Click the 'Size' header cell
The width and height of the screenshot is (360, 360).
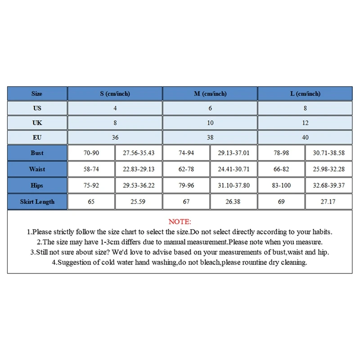(x=37, y=94)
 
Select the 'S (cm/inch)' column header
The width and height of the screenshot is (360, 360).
(x=115, y=94)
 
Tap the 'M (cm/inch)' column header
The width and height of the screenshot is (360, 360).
(x=210, y=94)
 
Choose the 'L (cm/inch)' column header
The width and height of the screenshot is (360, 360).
(x=305, y=94)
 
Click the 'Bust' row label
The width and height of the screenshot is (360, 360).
(x=37, y=153)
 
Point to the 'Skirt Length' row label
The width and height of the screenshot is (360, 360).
(x=37, y=202)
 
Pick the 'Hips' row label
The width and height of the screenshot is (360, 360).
(x=37, y=185)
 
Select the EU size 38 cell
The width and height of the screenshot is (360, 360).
(x=210, y=137)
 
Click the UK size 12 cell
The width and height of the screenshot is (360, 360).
(x=305, y=122)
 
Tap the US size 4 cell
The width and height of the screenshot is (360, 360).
(x=115, y=108)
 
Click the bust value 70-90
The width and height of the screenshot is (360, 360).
(x=91, y=153)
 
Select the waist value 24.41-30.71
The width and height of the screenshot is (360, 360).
(x=233, y=169)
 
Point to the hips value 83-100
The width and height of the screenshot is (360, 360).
(x=282, y=185)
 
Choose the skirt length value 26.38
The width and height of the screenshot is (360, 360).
(x=233, y=202)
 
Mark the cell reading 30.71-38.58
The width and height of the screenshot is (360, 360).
(x=328, y=153)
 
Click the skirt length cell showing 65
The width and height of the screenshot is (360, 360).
(x=91, y=202)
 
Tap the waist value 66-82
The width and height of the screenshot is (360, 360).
(x=282, y=169)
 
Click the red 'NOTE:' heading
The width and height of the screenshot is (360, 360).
(x=180, y=222)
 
